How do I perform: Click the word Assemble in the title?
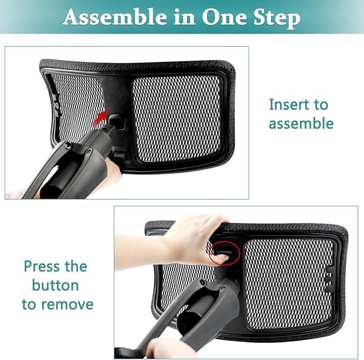coord(114,17)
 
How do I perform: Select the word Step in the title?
coord(277,18)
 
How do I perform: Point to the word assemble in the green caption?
coord(301,124)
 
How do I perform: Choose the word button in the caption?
coord(55,285)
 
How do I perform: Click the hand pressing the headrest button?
coord(193,236)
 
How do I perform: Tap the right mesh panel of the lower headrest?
coord(289,279)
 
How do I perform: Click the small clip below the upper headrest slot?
coord(120,154)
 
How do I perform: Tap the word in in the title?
coord(185,17)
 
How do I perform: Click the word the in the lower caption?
coord(77,266)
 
